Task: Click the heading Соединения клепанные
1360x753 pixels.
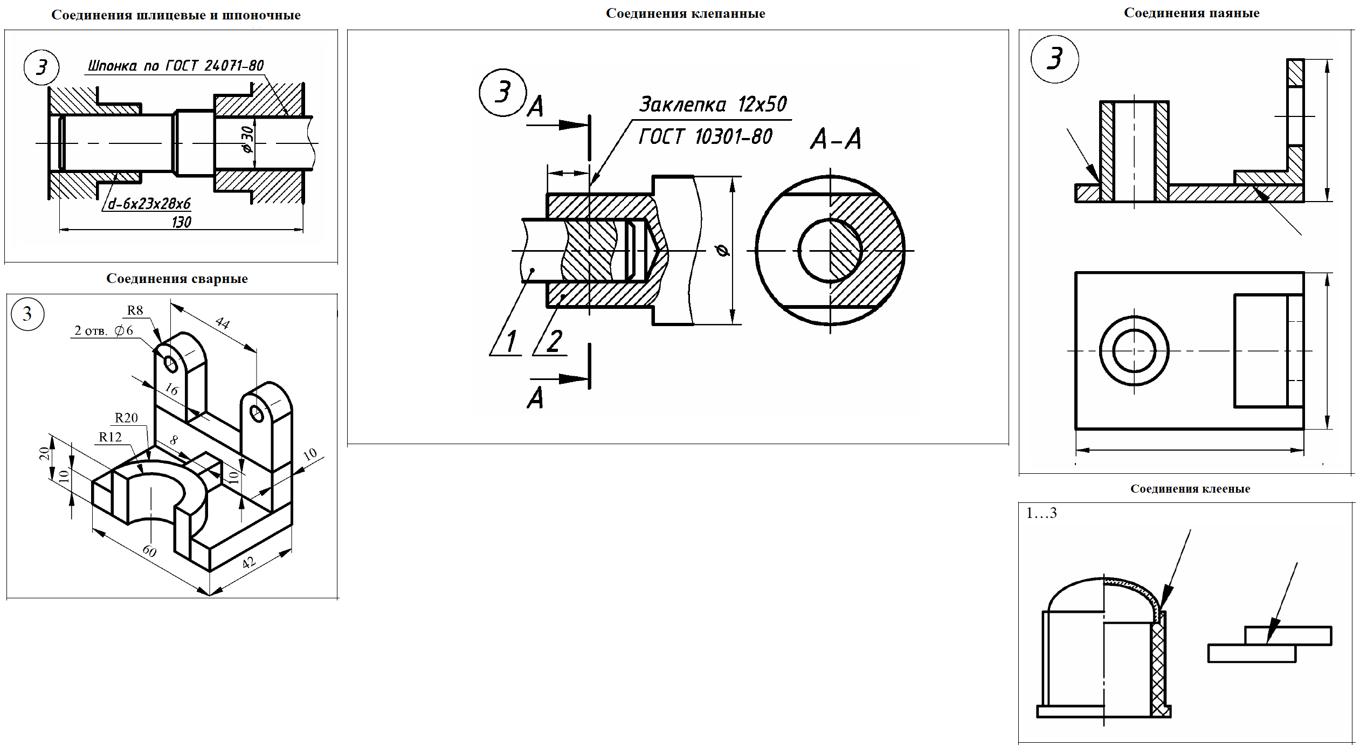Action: pyautogui.click(x=685, y=13)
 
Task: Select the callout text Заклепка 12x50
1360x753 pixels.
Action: pyautogui.click(x=713, y=104)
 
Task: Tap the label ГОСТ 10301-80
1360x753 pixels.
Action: pyautogui.click(x=705, y=137)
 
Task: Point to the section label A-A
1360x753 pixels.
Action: pyautogui.click(x=836, y=139)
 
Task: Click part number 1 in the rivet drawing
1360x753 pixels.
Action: pyautogui.click(x=510, y=341)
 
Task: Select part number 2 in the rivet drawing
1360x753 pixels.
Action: pyautogui.click(x=554, y=341)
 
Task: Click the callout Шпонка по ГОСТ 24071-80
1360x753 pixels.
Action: pyautogui.click(x=176, y=66)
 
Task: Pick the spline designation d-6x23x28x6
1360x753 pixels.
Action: pyautogui.click(x=149, y=204)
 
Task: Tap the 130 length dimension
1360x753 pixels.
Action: pyautogui.click(x=182, y=222)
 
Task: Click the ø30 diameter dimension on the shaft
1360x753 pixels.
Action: pyautogui.click(x=247, y=140)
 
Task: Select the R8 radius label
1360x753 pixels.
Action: pyautogui.click(x=135, y=310)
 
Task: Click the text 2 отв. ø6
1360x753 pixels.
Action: pyautogui.click(x=103, y=330)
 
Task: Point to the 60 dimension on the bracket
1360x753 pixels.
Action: pyautogui.click(x=149, y=551)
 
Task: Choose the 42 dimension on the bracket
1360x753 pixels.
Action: pyautogui.click(x=248, y=563)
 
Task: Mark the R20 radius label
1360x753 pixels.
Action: pyautogui.click(x=126, y=418)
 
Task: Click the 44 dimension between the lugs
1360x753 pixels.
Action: pyautogui.click(x=222, y=323)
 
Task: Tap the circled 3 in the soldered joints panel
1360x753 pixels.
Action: pyautogui.click(x=1054, y=59)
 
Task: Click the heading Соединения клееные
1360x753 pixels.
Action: pyautogui.click(x=1190, y=489)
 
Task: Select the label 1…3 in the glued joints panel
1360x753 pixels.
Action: pyautogui.click(x=1041, y=513)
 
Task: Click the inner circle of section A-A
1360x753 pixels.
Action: pyautogui.click(x=830, y=251)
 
